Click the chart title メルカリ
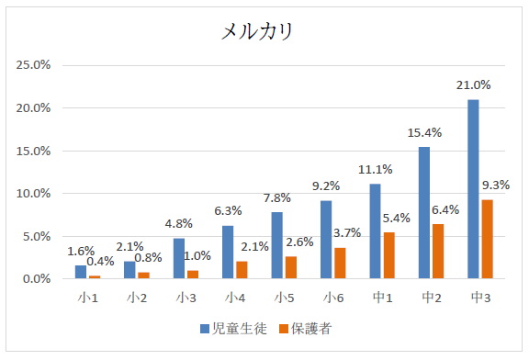257,32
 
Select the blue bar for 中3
473,188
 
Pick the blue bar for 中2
424,212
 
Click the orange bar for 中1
388,255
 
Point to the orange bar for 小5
290,267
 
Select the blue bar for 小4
228,252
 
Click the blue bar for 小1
81,272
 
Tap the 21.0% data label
473,84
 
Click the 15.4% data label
424,133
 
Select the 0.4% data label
101,261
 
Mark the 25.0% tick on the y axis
34,65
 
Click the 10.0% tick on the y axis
34,194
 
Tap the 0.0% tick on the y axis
37,279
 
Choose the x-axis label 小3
186,298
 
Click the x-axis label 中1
381,298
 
